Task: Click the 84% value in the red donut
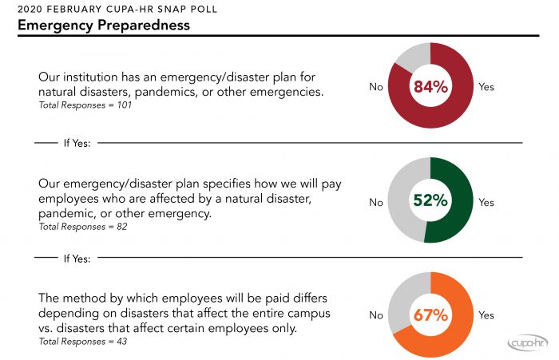430,86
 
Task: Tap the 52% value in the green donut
430,202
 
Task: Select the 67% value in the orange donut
430,315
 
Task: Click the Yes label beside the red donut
486,86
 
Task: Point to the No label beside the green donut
376,203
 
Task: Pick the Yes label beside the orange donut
486,315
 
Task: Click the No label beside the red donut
376,86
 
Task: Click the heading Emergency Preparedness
103,26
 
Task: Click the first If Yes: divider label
76,144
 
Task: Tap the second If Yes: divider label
76,259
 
